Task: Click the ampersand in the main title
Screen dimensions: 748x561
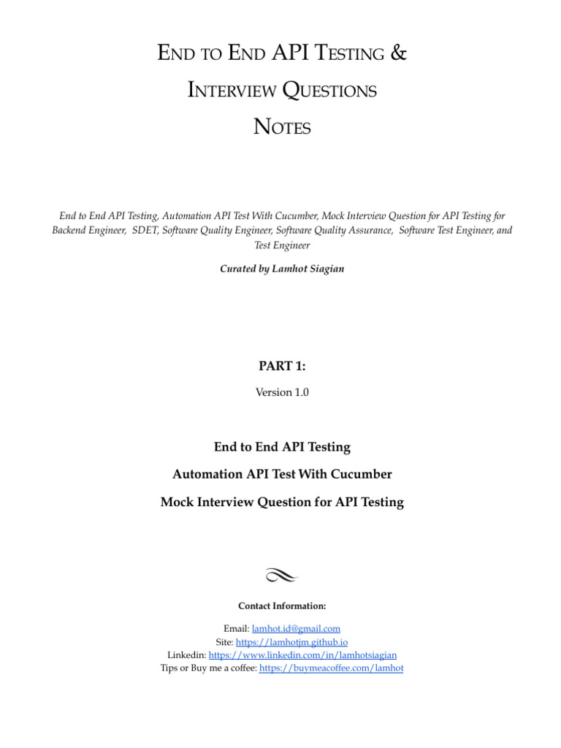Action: click(x=398, y=53)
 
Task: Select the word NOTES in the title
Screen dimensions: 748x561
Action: click(x=281, y=127)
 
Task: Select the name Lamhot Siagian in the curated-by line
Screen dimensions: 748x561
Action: click(x=307, y=268)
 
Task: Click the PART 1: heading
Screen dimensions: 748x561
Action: click(x=281, y=366)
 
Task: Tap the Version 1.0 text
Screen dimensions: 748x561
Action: click(x=281, y=392)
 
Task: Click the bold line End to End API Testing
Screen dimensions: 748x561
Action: click(x=281, y=446)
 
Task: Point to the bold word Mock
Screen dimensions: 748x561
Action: click(x=178, y=503)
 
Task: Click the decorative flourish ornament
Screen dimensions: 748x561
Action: click(x=281, y=576)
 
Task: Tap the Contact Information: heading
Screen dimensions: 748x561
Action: click(x=281, y=606)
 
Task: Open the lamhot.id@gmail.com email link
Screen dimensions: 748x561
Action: click(x=296, y=628)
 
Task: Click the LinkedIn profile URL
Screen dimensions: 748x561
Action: click(x=302, y=654)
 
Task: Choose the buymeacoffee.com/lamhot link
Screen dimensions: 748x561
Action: click(x=331, y=668)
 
